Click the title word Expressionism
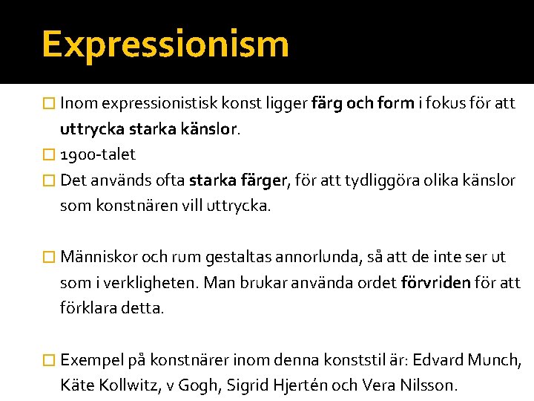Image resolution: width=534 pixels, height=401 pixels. pyautogui.click(x=165, y=44)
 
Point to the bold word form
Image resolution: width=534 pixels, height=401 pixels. pyautogui.click(x=395, y=103)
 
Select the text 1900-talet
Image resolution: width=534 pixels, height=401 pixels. pyautogui.click(x=98, y=154)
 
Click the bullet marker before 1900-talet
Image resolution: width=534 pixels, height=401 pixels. pyautogui.click(x=49, y=154)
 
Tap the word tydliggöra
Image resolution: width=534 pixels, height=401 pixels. pyautogui.click(x=390, y=180)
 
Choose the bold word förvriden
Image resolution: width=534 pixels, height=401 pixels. pyautogui.click(x=435, y=283)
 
